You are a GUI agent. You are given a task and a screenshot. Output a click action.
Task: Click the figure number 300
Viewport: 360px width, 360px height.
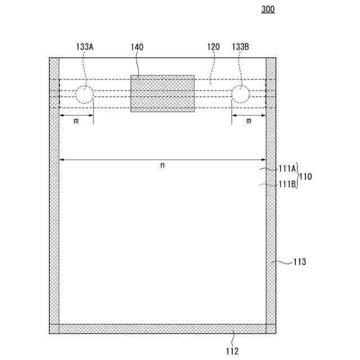click(268, 10)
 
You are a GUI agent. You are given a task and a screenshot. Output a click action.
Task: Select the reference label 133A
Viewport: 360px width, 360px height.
click(84, 47)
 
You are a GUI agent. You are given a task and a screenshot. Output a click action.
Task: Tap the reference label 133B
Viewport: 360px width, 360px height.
click(240, 47)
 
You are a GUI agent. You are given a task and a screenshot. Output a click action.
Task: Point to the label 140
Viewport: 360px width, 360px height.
click(137, 47)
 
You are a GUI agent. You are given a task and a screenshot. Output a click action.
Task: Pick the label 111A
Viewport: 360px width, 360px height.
click(287, 168)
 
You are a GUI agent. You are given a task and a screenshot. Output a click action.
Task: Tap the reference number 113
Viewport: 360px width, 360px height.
click(300, 262)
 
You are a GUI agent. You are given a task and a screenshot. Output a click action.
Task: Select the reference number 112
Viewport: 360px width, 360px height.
click(232, 352)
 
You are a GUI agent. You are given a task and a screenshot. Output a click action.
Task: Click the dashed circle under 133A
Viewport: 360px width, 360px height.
click(85, 94)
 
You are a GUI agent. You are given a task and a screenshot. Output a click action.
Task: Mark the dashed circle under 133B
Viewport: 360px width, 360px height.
click(240, 94)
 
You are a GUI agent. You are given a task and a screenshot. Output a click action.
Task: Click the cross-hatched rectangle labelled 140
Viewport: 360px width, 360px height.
click(163, 93)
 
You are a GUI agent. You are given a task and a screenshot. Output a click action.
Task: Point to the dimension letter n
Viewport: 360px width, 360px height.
click(163, 165)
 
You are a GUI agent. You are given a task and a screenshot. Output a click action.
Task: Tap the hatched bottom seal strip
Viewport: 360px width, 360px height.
click(163, 328)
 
